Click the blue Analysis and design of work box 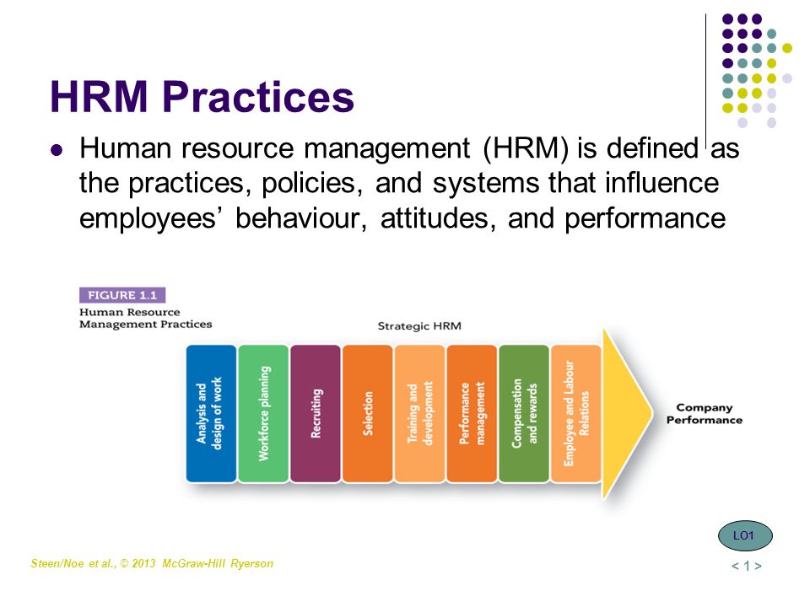211,413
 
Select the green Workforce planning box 263,413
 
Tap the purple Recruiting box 316,413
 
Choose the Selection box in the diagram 368,413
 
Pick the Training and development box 419,413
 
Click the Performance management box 472,413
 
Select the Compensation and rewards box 524,413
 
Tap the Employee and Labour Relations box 576,413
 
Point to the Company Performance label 704,414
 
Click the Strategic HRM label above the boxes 419,326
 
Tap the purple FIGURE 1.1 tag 122,295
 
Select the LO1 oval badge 745,536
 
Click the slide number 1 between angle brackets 747,567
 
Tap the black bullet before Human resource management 57,150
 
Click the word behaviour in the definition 301,218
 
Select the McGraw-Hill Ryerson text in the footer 218,564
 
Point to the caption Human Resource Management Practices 146,318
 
